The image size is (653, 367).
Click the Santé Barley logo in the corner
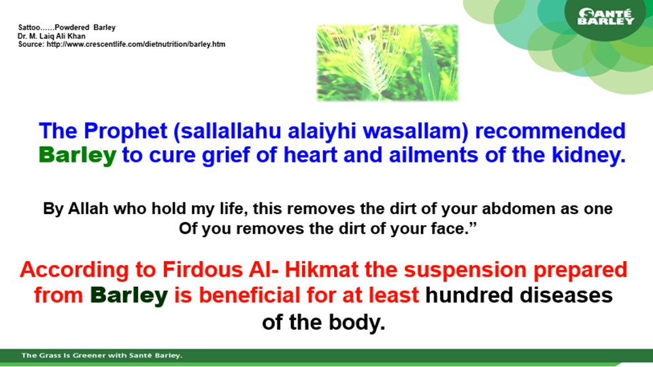605,17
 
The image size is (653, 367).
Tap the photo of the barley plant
387,63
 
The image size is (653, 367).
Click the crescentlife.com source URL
136,44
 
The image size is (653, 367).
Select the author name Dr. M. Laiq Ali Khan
51,36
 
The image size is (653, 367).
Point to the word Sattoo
29,27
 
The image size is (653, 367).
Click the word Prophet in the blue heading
125,131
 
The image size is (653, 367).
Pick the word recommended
550,130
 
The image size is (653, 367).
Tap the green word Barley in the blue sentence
78,155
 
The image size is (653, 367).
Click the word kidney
588,155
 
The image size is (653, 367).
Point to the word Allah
88,209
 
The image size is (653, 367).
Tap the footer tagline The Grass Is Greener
102,355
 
